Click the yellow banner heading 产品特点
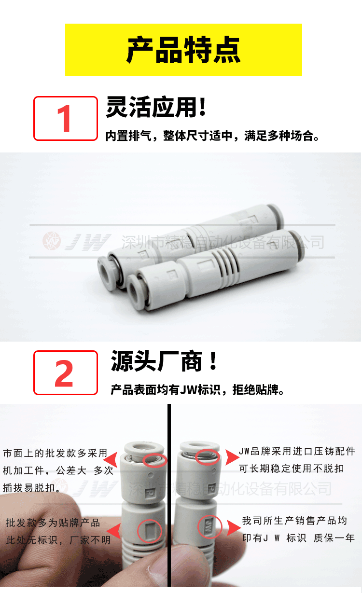click(183, 50)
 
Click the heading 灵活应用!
click(156, 107)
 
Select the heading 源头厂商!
click(164, 361)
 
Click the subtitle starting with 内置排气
click(212, 136)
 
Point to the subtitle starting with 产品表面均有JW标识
click(197, 390)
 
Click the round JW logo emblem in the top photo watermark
click(52, 241)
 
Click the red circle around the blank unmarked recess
click(150, 531)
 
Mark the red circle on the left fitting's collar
click(154, 460)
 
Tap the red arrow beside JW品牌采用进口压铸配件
click(233, 457)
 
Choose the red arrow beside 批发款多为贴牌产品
click(114, 531)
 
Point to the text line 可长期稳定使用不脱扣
click(292, 469)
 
